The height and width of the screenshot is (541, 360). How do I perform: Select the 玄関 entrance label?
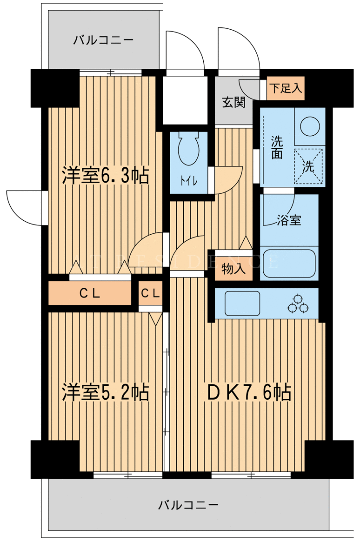[x=233, y=102]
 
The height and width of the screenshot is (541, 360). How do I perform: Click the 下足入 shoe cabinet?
[x=286, y=88]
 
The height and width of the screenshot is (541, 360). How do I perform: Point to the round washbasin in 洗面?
[x=310, y=126]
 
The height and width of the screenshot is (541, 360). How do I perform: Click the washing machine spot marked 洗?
[x=308, y=166]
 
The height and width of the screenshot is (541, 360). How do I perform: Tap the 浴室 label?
[x=289, y=220]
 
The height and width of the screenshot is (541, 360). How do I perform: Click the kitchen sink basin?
[x=242, y=303]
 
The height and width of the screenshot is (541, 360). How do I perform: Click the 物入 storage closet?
[x=233, y=269]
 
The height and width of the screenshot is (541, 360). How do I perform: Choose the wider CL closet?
[x=90, y=293]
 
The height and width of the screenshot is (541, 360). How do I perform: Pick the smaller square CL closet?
[x=151, y=293]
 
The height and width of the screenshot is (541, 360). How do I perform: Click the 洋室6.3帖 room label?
[x=105, y=176]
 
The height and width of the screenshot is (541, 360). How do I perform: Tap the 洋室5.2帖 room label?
[x=105, y=392]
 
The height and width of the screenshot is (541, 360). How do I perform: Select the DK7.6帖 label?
[x=248, y=392]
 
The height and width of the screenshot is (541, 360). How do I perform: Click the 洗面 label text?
[x=277, y=147]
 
